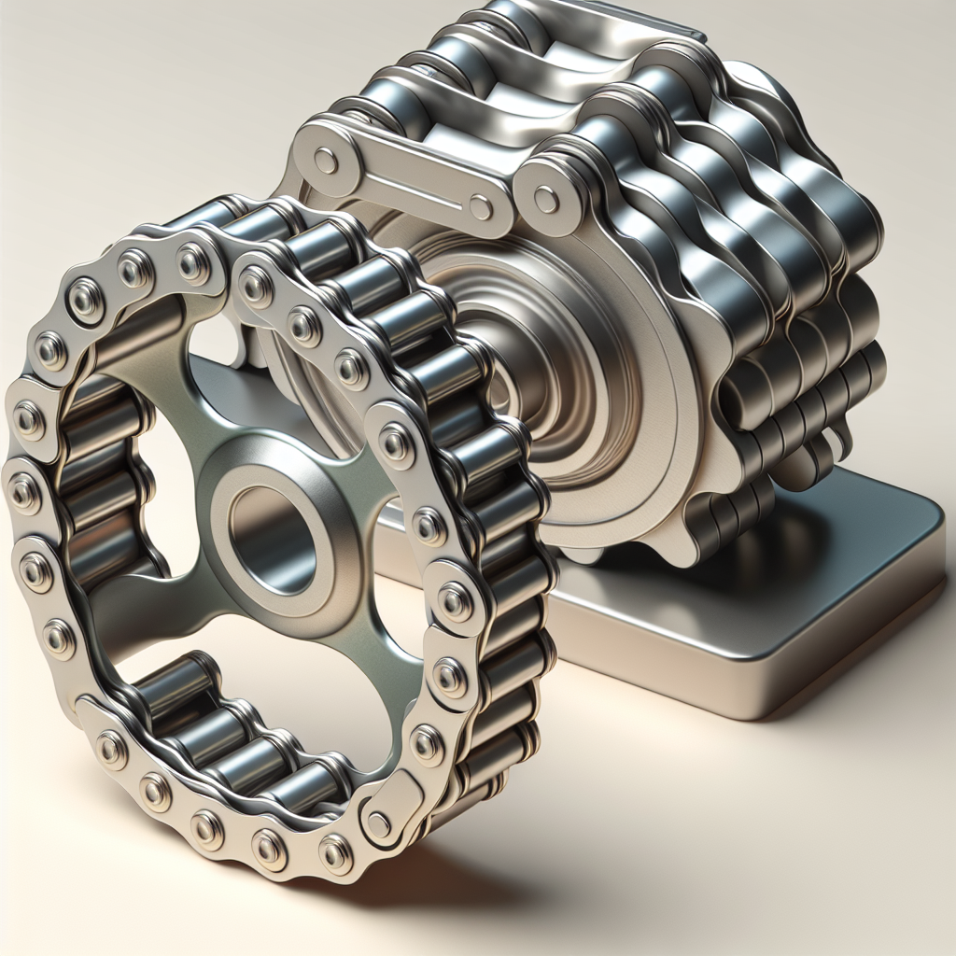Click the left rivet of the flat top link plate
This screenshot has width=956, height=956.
(326, 162)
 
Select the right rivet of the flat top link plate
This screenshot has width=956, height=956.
(481, 206)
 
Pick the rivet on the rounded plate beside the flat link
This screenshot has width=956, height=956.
(547, 199)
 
